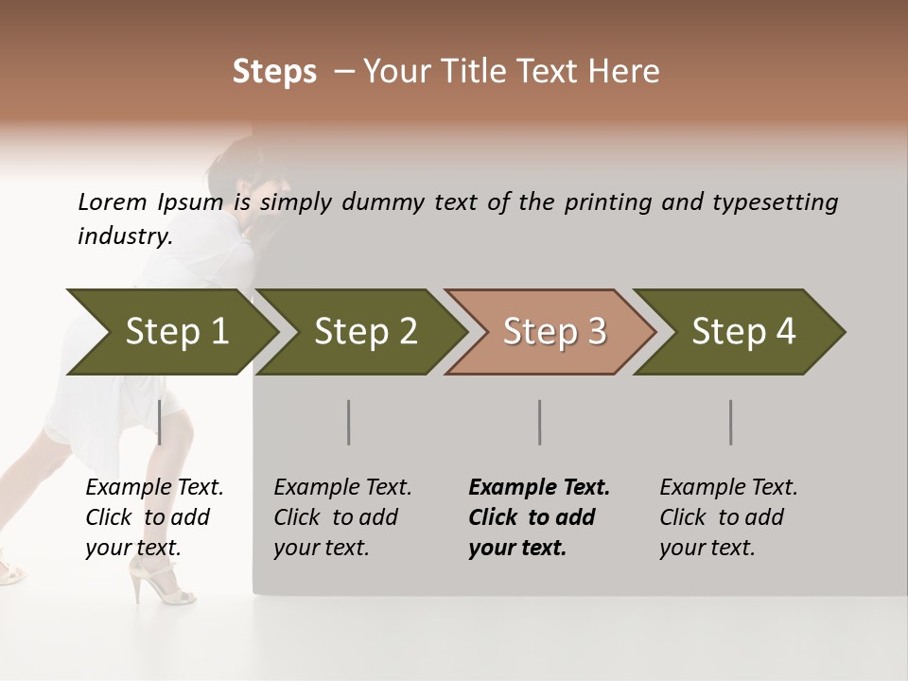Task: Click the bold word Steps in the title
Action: [x=274, y=72]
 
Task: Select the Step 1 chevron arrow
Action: [x=176, y=332]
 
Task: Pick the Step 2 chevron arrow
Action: [x=365, y=332]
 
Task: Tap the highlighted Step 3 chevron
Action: [x=554, y=332]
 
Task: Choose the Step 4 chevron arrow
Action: [x=743, y=332]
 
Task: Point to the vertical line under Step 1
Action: [x=159, y=422]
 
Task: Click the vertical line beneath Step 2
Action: [x=349, y=422]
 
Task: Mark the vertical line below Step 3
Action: [x=539, y=422]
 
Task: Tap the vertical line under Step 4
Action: [x=730, y=422]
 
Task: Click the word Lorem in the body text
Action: [x=112, y=202]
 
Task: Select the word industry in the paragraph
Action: [x=124, y=236]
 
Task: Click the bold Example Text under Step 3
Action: [x=539, y=488]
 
